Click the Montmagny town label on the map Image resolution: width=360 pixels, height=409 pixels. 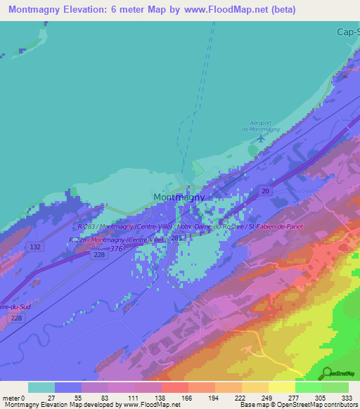[x=179, y=197]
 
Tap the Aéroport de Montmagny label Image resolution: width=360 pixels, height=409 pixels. [x=261, y=126]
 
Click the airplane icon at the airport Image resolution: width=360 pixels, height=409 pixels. [x=261, y=137]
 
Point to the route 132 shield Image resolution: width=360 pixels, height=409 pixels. [x=34, y=247]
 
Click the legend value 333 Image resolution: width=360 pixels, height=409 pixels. [x=346, y=398]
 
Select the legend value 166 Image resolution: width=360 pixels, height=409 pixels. [x=186, y=398]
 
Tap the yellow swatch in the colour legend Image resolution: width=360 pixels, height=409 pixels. [x=282, y=387]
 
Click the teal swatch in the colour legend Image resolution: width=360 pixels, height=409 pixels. [x=41, y=387]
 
